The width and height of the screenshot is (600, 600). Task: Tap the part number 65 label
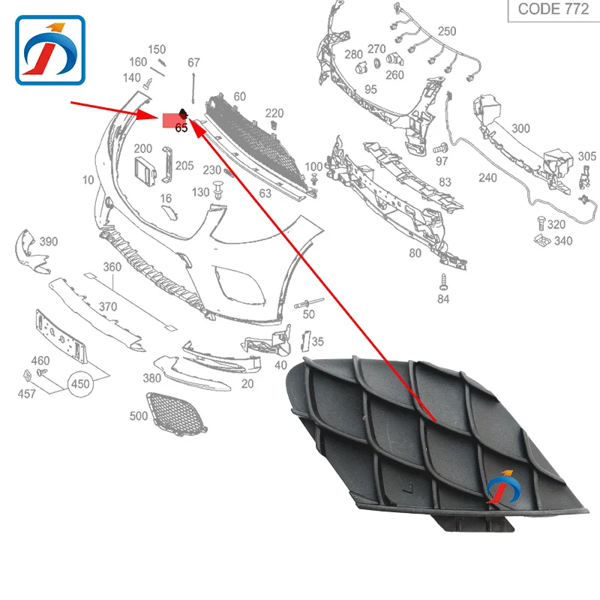tap(181, 128)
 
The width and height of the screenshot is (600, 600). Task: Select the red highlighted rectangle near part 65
tap(171, 118)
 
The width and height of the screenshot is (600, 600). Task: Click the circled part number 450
tap(80, 384)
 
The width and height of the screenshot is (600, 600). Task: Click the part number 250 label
tap(446, 31)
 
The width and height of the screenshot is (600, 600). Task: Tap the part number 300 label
tap(520, 129)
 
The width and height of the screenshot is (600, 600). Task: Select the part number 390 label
tap(49, 241)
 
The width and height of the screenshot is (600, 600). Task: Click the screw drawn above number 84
tap(442, 283)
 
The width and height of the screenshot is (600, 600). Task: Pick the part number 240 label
tap(487, 178)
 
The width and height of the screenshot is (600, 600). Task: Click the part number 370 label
tap(108, 307)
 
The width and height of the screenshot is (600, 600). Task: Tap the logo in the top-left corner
tap(52, 50)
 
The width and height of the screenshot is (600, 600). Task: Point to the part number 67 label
tap(193, 62)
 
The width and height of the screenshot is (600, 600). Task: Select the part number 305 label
tap(587, 157)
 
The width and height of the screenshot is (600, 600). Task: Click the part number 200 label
tap(142, 149)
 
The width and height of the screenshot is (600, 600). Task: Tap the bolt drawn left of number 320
tap(539, 223)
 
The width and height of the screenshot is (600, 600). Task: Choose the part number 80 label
tap(415, 253)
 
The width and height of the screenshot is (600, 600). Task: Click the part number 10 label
tap(88, 180)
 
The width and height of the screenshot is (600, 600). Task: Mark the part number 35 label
tap(318, 342)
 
